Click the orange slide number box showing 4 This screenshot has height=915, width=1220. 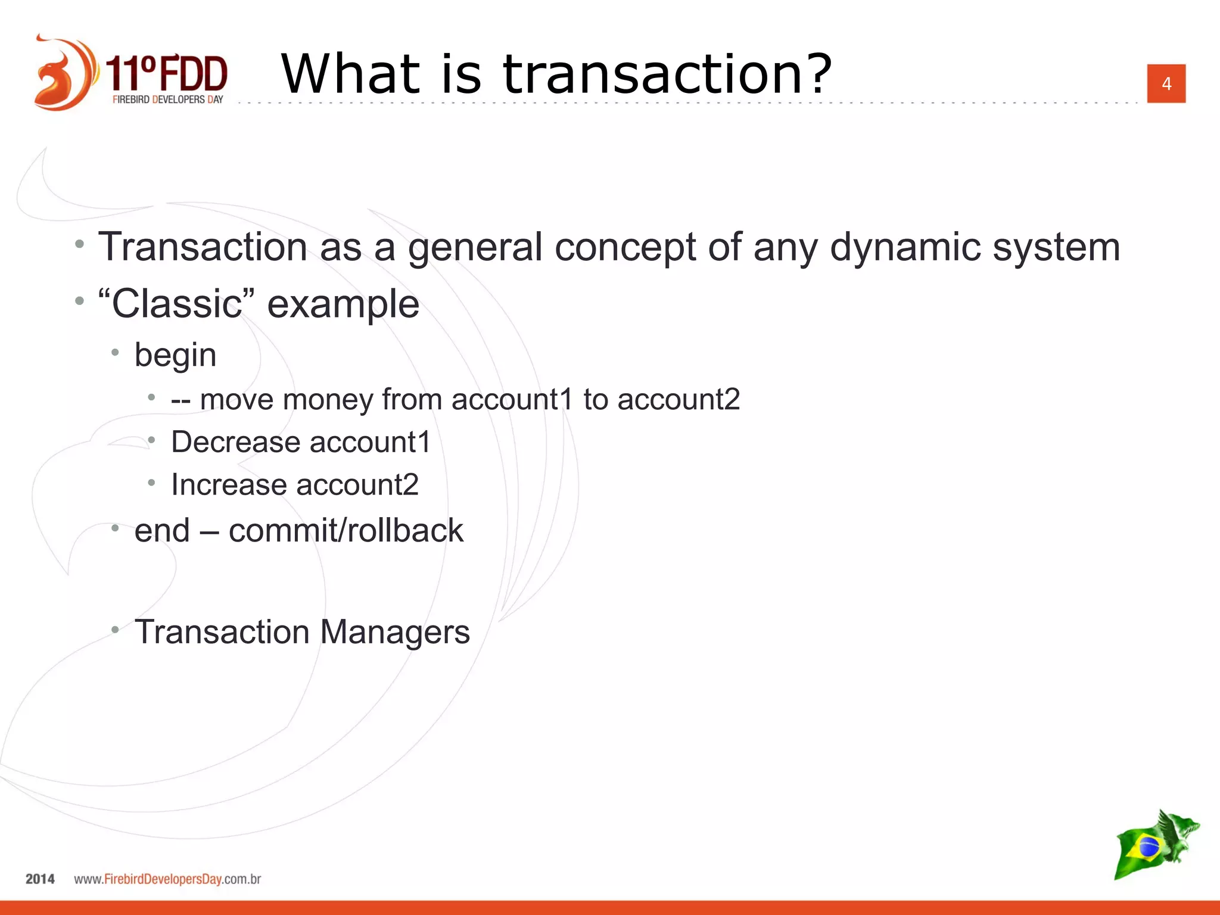tap(1166, 83)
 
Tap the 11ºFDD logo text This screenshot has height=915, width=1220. tap(167, 73)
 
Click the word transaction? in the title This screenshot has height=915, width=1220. tap(667, 74)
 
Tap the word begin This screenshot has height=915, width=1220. tap(175, 356)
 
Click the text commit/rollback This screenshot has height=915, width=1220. tap(346, 530)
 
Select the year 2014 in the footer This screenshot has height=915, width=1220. tap(40, 879)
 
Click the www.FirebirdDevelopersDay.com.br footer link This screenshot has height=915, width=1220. tap(167, 879)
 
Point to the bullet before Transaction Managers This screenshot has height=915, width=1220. tap(115, 629)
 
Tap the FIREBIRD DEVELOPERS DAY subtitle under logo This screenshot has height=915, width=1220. tap(167, 99)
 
